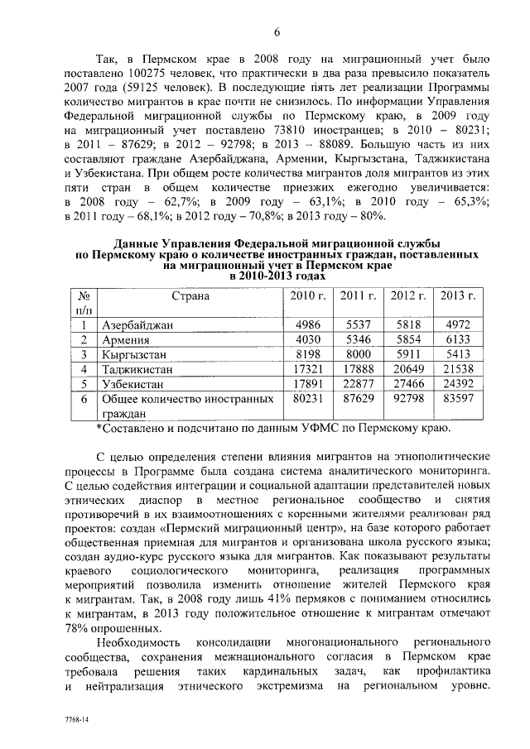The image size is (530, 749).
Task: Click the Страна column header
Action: (x=189, y=295)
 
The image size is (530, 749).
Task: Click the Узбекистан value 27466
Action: (x=407, y=385)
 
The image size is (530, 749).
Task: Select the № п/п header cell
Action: (x=83, y=302)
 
